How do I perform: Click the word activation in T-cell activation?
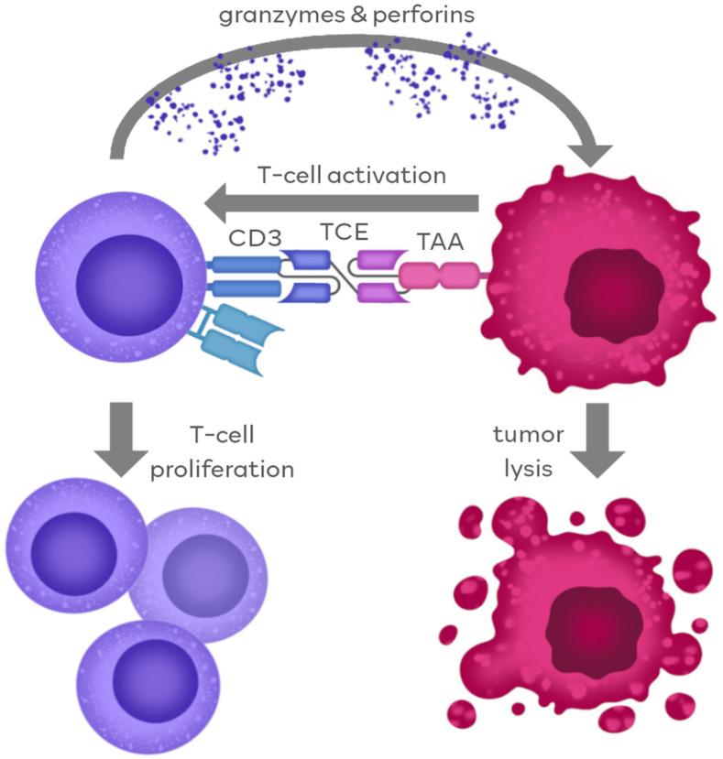400,174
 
